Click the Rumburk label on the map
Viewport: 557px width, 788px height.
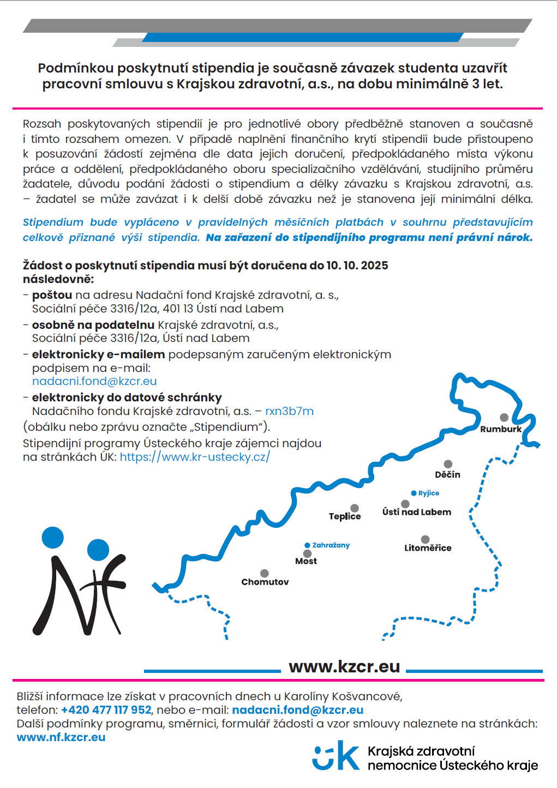tap(501, 429)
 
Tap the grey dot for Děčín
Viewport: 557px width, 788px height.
tap(448, 464)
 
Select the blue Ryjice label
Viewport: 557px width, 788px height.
tap(429, 493)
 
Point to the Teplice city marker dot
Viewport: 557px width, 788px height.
tap(355, 508)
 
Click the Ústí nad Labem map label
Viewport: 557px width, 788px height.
tap(417, 512)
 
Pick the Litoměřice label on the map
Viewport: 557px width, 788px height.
tap(428, 548)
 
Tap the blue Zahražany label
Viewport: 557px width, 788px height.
tap(331, 545)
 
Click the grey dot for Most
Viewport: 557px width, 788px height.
tap(307, 554)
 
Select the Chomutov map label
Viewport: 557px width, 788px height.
tap(265, 582)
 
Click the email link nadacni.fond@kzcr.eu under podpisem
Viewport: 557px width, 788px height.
tap(94, 381)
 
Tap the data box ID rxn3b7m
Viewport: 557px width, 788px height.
tap(289, 411)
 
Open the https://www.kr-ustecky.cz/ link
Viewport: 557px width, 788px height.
tap(195, 457)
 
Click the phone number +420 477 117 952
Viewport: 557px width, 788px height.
tap(106, 710)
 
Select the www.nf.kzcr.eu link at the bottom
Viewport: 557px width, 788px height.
tap(61, 737)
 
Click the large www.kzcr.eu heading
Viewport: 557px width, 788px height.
tap(344, 666)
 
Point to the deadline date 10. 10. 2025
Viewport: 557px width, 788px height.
tap(357, 266)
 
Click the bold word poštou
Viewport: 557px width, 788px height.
tap(52, 295)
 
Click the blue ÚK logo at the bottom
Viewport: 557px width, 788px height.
tap(336, 756)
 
